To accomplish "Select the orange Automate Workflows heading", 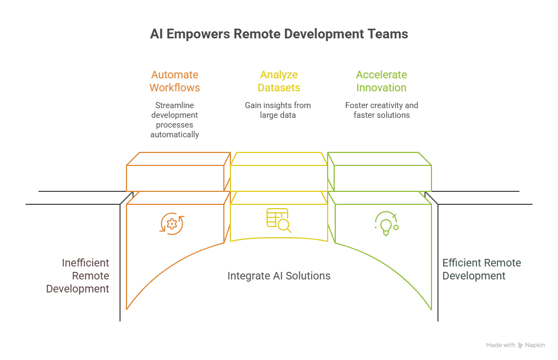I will coord(175,81).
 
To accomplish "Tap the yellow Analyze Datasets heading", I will coord(279,81).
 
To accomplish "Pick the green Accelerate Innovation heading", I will coord(381,81).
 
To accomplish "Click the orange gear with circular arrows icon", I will coord(172,223).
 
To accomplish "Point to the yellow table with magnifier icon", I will coord(278,220).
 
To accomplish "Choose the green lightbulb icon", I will coord(386,223).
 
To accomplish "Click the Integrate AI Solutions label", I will coord(279,276).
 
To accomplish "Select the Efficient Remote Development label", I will coord(481,269).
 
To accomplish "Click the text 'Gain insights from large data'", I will coord(278,110).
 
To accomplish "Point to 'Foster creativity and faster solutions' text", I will coord(381,110).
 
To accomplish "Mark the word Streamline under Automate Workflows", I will coord(175,105).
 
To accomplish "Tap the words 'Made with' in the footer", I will coord(500,345).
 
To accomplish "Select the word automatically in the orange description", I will coord(175,134).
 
